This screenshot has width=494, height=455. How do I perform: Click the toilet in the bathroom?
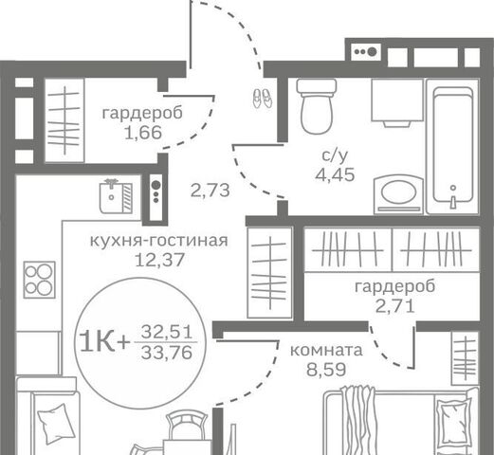tap(317, 107)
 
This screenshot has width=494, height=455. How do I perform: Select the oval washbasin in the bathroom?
tap(398, 194)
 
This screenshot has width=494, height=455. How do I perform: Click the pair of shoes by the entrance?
tap(263, 98)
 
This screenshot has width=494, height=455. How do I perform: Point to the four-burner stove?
tap(40, 280)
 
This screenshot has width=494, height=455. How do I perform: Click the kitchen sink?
tap(116, 196)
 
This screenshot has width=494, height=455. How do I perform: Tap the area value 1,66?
tap(143, 133)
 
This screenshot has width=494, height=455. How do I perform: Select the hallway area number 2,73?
tap(210, 191)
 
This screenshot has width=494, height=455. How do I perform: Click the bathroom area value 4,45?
tap(335, 174)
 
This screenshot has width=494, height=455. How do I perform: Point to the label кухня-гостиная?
tap(159, 241)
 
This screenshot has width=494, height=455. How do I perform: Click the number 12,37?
tap(159, 261)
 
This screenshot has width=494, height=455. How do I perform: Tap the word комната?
tap(326, 351)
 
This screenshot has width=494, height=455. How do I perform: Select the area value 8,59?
tap(326, 370)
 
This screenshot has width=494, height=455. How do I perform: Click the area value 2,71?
tap(395, 306)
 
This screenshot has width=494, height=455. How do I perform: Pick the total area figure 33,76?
tap(167, 353)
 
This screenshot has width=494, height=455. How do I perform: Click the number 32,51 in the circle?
tap(167, 332)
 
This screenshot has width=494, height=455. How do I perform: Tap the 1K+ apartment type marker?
tap(105, 342)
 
